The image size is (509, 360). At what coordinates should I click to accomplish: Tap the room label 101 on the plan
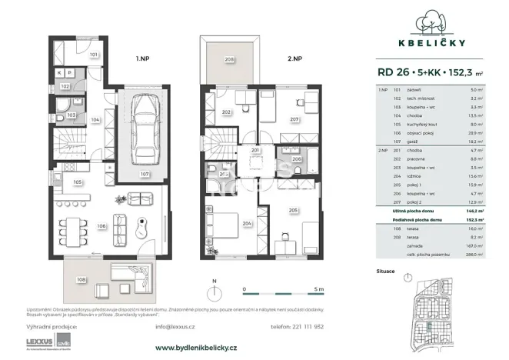tap(92, 55)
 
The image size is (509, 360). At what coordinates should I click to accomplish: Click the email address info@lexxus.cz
tap(173, 326)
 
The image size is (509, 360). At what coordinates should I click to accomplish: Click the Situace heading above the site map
tap(387, 272)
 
